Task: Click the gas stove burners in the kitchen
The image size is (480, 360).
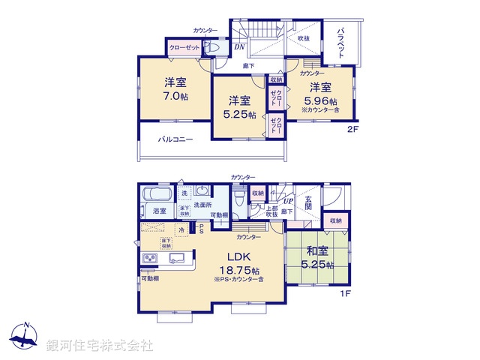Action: click(x=149, y=259)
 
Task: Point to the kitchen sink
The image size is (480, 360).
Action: click(x=178, y=259)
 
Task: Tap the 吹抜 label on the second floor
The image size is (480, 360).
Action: click(x=303, y=38)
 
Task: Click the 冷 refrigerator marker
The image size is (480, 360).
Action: click(x=181, y=230)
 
